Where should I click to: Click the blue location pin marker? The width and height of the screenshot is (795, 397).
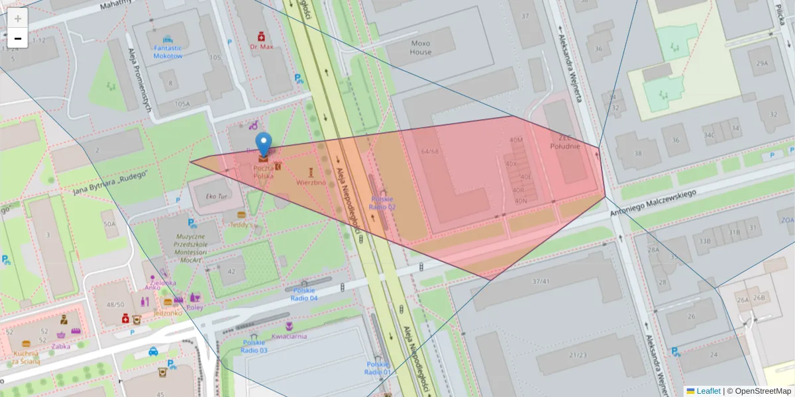[264, 144]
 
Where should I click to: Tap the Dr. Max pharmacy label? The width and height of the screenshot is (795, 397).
[262, 47]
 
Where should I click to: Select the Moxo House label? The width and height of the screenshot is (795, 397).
[420, 48]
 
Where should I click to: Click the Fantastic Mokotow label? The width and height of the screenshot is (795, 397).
[168, 52]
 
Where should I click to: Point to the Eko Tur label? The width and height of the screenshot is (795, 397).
[217, 197]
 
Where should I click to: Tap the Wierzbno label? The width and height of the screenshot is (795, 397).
[311, 182]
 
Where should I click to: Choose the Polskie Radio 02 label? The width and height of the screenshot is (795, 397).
[382, 202]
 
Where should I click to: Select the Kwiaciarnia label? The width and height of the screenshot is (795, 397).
[290, 336]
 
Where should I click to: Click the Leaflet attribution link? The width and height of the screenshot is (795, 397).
[708, 391]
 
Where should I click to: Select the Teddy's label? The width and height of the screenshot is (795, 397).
[242, 224]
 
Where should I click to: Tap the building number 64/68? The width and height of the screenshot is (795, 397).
[429, 152]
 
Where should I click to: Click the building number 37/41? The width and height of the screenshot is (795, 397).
[541, 282]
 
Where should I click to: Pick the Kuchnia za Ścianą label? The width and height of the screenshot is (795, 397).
[26, 357]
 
